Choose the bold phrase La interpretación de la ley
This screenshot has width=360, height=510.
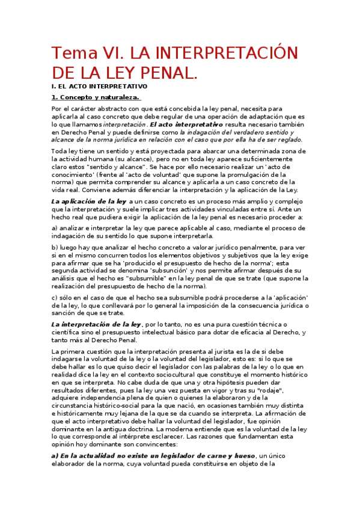(97, 325)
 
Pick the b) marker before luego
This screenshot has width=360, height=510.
(55, 247)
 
